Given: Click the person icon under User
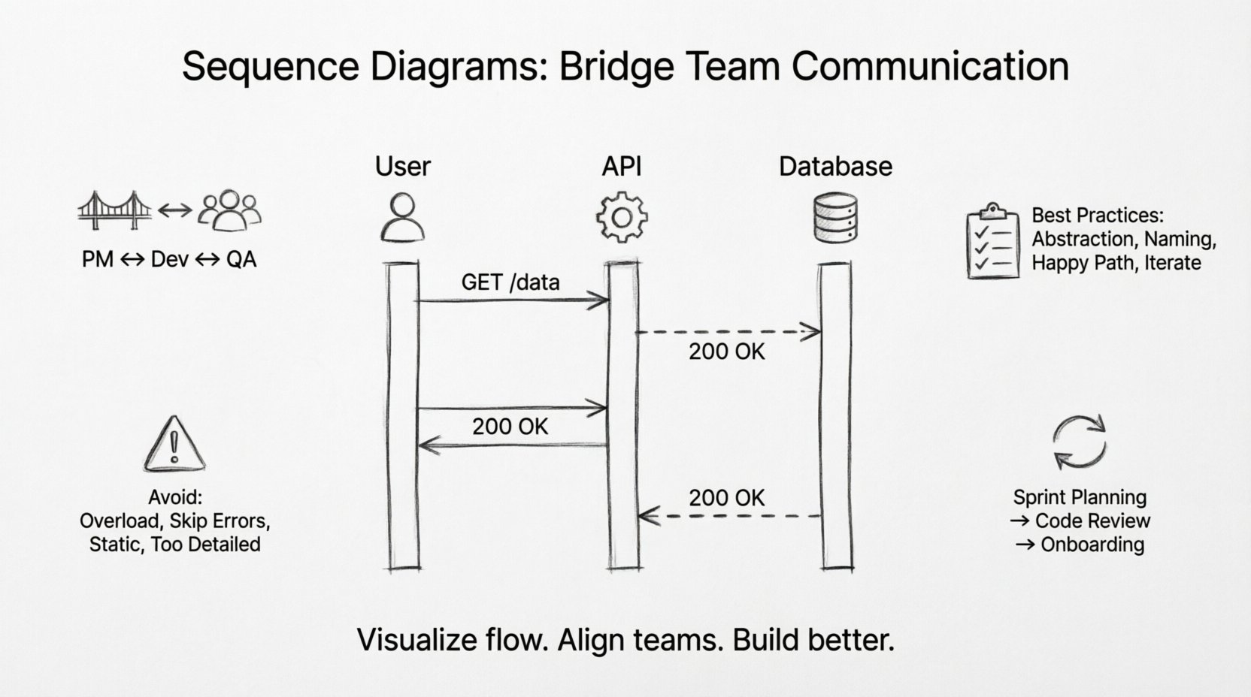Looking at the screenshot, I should [x=402, y=217].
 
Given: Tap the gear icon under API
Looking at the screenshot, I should [x=622, y=217].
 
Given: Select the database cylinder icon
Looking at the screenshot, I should [x=835, y=217].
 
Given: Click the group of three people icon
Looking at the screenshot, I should [x=229, y=210].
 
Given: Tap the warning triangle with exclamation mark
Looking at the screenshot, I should [x=174, y=444].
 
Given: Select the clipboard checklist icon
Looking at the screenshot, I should [x=992, y=240].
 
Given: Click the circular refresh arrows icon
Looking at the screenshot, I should [x=1080, y=442].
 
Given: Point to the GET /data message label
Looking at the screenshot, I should [x=510, y=282].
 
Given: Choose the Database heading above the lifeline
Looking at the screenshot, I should [x=835, y=167].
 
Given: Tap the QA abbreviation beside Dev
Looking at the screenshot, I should [x=241, y=260].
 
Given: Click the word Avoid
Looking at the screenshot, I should [x=175, y=497].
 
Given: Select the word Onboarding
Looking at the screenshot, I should [x=1092, y=545].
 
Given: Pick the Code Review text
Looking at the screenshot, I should [x=1092, y=520].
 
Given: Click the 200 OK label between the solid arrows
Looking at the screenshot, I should [x=510, y=427].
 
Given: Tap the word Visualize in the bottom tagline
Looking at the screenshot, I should [x=416, y=640].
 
